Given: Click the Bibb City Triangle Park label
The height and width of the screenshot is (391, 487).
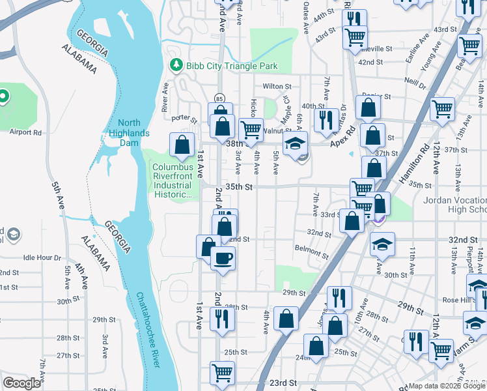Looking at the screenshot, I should pyautogui.click(x=232, y=66).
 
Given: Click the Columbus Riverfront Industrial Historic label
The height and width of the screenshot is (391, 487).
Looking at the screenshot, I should pyautogui.click(x=173, y=181).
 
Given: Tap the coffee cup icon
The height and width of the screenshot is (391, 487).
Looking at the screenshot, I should pyautogui.click(x=222, y=258).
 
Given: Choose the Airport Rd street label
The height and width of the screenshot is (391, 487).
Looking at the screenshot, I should pyautogui.click(x=25, y=132).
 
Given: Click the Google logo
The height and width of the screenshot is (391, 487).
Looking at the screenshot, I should pyautogui.click(x=21, y=383).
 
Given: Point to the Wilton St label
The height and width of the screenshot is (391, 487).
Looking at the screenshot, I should pyautogui.click(x=277, y=86).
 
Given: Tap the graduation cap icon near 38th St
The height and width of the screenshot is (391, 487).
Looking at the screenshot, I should pyautogui.click(x=295, y=144).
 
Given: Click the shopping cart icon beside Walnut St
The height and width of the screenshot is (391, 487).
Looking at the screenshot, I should pyautogui.click(x=251, y=129).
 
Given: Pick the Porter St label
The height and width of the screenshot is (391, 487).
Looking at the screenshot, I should pyautogui.click(x=184, y=119).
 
